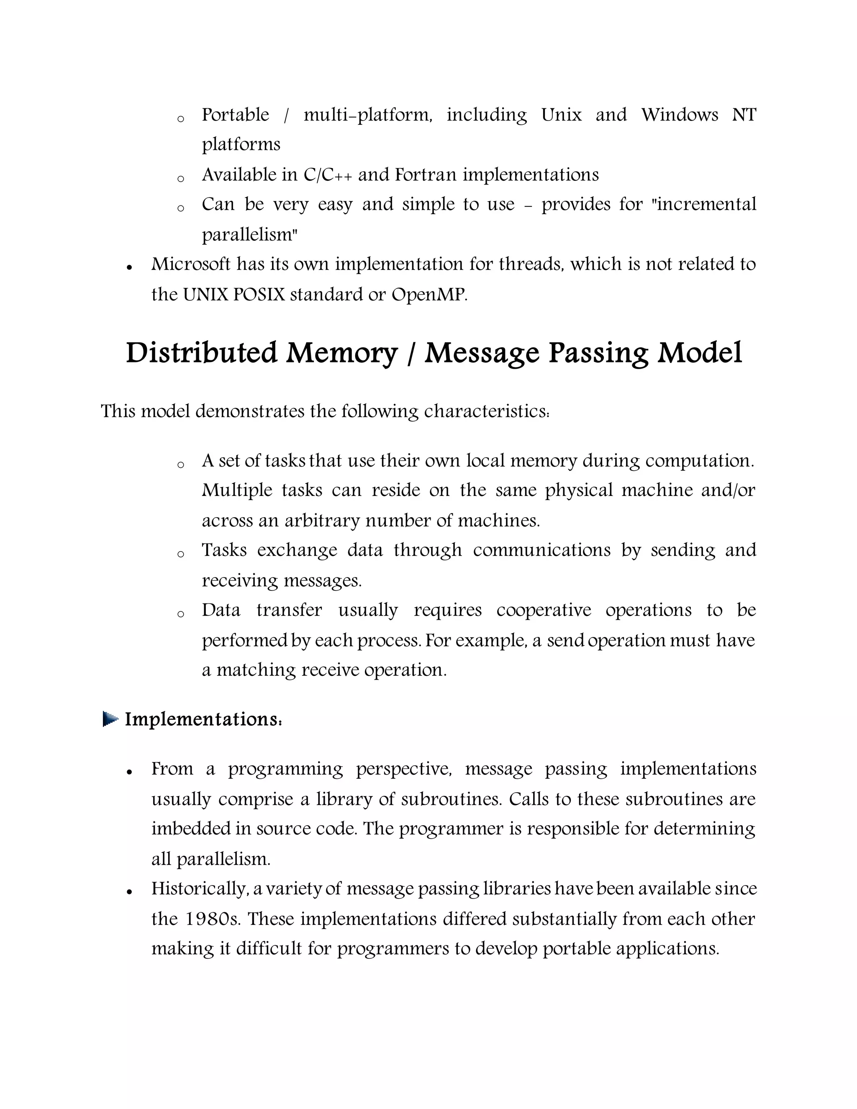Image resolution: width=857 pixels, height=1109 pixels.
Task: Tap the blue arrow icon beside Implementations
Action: coord(110,719)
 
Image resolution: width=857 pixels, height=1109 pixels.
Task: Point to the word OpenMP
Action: coord(428,295)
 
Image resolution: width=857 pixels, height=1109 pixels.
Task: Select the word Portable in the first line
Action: coord(236,115)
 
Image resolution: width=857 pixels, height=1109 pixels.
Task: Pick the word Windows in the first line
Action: coord(679,115)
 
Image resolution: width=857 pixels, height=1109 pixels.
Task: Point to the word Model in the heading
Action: coord(700,354)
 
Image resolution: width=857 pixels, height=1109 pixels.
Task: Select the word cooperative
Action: coord(543,610)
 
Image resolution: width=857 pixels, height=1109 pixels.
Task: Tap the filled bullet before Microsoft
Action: coord(130,267)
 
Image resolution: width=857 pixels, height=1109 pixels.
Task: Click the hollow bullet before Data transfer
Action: coord(180,614)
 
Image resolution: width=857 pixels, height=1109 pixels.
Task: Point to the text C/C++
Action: coord(328,175)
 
